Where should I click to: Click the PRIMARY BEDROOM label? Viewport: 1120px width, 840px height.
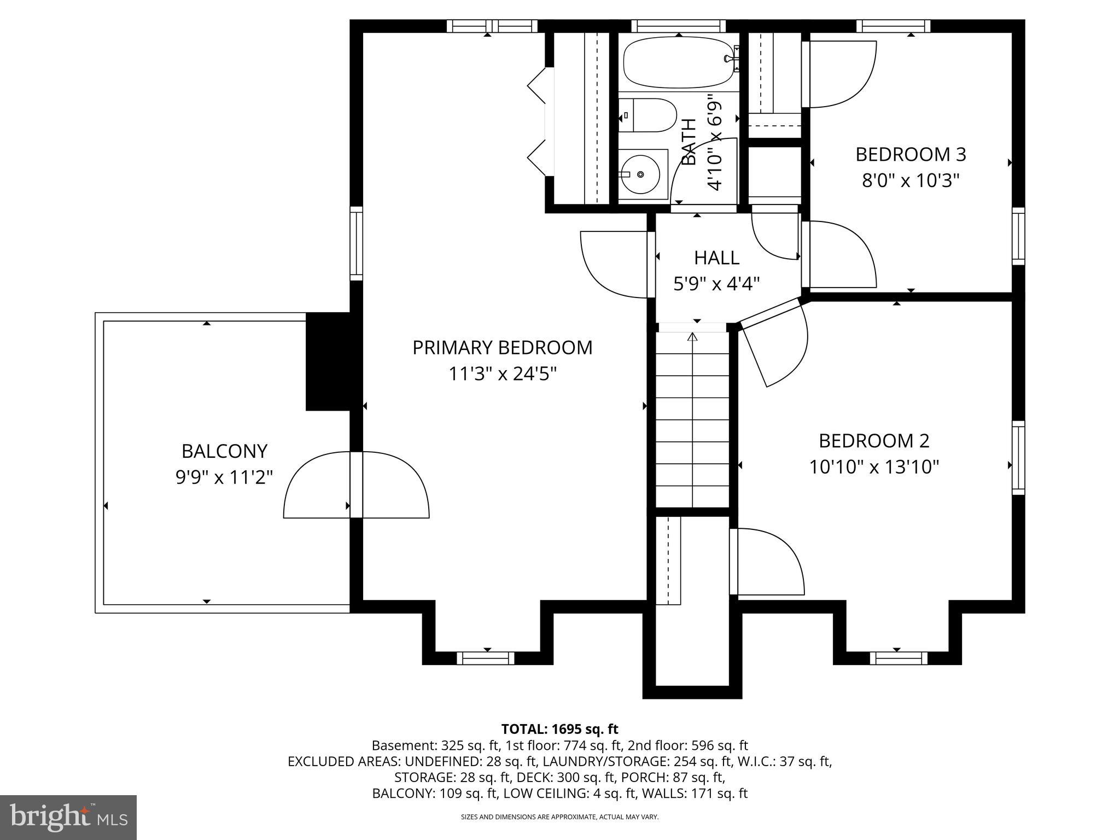pyautogui.click(x=502, y=348)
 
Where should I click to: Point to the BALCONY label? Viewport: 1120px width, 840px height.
pyautogui.click(x=224, y=451)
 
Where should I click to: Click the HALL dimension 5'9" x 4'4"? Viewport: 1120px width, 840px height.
pyautogui.click(x=716, y=284)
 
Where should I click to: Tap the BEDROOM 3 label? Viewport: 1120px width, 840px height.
pyautogui.click(x=911, y=155)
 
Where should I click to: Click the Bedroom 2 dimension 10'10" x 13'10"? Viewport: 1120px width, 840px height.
pyautogui.click(x=874, y=467)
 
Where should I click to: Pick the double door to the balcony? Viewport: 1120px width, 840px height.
pyautogui.click(x=356, y=485)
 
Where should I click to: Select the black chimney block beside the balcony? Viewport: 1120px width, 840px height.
pyautogui.click(x=327, y=361)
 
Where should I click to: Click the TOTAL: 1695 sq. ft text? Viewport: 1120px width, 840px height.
pyautogui.click(x=559, y=729)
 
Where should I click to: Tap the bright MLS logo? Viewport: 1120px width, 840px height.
pyautogui.click(x=68, y=817)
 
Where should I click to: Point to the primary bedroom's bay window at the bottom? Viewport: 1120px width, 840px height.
pyautogui.click(x=486, y=658)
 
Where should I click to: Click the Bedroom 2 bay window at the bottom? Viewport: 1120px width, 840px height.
pyautogui.click(x=899, y=658)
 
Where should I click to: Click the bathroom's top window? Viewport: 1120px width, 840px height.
pyautogui.click(x=678, y=26)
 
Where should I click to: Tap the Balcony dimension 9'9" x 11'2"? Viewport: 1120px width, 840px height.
pyautogui.click(x=224, y=477)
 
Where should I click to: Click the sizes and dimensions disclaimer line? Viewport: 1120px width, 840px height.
pyautogui.click(x=559, y=817)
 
